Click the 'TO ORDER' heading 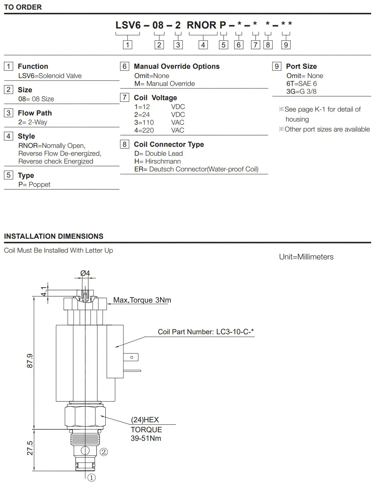click(23, 7)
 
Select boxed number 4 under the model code click(203, 45)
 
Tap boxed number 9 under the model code click(286, 45)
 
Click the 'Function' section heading click(33, 66)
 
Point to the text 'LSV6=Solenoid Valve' click(50, 76)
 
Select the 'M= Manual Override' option click(164, 84)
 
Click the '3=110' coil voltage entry click(144, 122)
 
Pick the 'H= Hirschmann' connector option click(157, 161)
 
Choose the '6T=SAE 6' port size click(301, 84)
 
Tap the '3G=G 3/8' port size click(301, 92)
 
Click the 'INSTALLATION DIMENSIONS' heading click(54, 236)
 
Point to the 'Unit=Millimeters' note click(306, 257)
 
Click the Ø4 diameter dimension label click(85, 273)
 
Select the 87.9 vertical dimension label click(30, 361)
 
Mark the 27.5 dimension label click(30, 448)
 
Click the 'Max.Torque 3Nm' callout click(142, 300)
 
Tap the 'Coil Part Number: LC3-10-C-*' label click(206, 332)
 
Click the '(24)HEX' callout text click(145, 420)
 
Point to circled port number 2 click(104, 452)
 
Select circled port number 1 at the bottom click(91, 478)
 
